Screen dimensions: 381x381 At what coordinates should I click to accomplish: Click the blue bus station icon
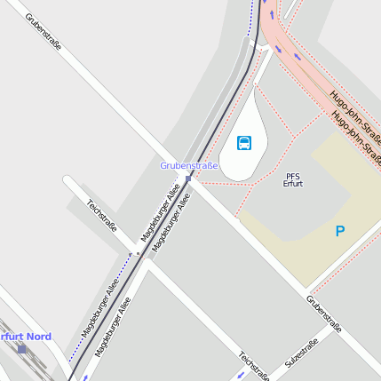244,142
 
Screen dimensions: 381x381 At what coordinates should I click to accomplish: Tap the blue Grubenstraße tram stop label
188,166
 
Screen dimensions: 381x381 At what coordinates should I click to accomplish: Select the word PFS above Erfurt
293,176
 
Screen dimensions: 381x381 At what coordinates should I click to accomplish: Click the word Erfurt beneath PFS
293,184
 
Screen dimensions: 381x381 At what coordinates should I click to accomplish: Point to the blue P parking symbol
339,232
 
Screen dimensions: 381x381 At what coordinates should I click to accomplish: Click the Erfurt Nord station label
25,337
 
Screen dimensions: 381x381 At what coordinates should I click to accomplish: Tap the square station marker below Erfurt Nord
21,349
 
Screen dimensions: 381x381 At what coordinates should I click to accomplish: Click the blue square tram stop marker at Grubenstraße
188,177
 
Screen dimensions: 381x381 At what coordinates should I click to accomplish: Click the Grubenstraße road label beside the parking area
324,314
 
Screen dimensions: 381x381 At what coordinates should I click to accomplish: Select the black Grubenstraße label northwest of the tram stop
44,31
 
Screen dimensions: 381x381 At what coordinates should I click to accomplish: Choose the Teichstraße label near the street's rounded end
101,216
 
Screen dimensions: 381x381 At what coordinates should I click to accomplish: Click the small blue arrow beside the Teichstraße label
239,377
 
